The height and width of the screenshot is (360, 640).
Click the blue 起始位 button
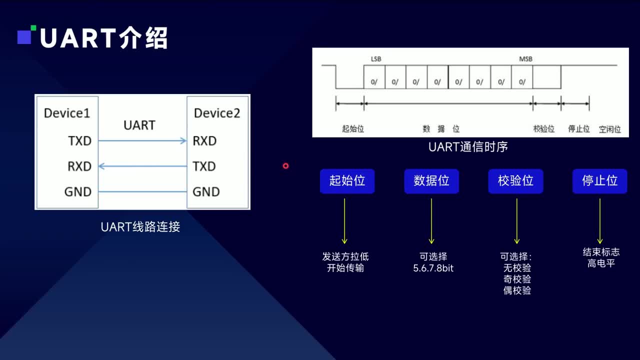point(347,181)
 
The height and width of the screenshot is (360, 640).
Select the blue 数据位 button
point(431,181)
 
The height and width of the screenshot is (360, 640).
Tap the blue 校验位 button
point(515,181)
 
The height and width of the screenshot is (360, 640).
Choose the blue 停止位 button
point(599,181)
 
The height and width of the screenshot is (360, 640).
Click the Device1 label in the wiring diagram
point(67,113)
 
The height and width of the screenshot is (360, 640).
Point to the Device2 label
point(217,113)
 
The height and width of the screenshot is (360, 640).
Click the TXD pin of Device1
point(80,141)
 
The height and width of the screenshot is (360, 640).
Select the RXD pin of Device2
point(204,141)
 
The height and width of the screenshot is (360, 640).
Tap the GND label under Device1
point(78,191)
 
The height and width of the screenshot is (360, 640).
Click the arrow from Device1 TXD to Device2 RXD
point(142,141)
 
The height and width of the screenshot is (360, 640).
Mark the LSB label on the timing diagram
point(376,59)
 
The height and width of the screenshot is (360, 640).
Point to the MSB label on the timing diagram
point(525,59)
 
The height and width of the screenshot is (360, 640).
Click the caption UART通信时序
point(468,147)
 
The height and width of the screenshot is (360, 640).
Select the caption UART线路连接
point(140,227)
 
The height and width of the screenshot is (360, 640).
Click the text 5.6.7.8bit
point(433,268)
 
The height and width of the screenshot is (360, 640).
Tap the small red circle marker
point(285,165)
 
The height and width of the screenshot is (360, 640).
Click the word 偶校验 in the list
point(517,290)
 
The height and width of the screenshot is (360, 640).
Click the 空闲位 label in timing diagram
point(610,129)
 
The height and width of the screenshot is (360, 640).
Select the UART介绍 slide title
point(103,38)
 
